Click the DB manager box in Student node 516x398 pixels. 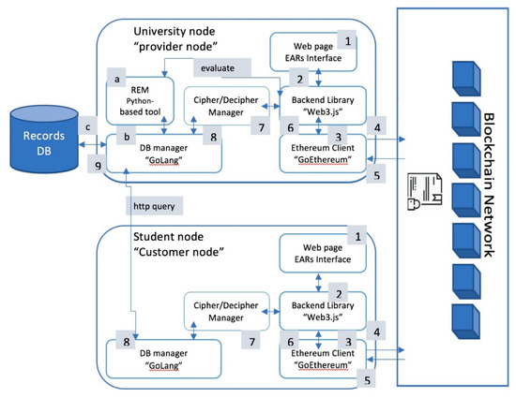162,359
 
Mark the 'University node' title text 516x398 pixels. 168,20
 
